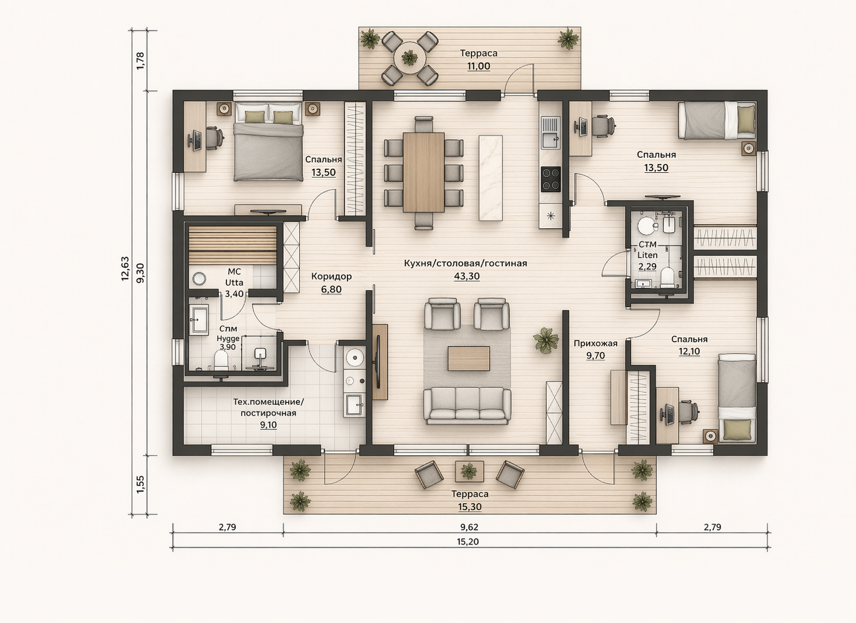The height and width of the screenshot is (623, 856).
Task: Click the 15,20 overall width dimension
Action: pos(468,541)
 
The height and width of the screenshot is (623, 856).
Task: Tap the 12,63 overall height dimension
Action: pos(125,268)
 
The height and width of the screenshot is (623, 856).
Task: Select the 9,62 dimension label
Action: pos(469,527)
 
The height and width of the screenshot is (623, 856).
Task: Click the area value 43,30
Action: pos(466,276)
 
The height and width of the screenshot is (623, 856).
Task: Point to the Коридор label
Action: pos(331,277)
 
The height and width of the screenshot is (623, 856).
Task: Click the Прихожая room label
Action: pos(595,344)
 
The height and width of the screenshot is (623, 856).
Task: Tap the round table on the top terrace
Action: pos(410,58)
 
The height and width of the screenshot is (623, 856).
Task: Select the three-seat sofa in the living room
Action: pos(467,405)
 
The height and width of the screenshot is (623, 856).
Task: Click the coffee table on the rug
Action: pos(469,359)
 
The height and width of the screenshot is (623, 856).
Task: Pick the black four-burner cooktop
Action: pos(551,179)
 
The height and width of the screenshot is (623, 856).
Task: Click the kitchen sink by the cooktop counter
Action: pos(550,132)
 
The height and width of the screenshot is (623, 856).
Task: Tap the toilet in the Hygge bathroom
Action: pos(221,360)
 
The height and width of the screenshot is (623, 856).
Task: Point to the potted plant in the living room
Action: pos(546,340)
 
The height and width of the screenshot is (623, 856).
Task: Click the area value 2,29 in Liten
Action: pos(648,267)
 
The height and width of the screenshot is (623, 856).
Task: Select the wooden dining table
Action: pos(423,172)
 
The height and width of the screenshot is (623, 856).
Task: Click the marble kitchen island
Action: pos(491,178)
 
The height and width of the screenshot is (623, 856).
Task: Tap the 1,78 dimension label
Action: pos(140,61)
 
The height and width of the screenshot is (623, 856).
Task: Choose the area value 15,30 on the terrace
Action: pos(470,507)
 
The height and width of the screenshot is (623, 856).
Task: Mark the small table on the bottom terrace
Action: pos(469,471)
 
